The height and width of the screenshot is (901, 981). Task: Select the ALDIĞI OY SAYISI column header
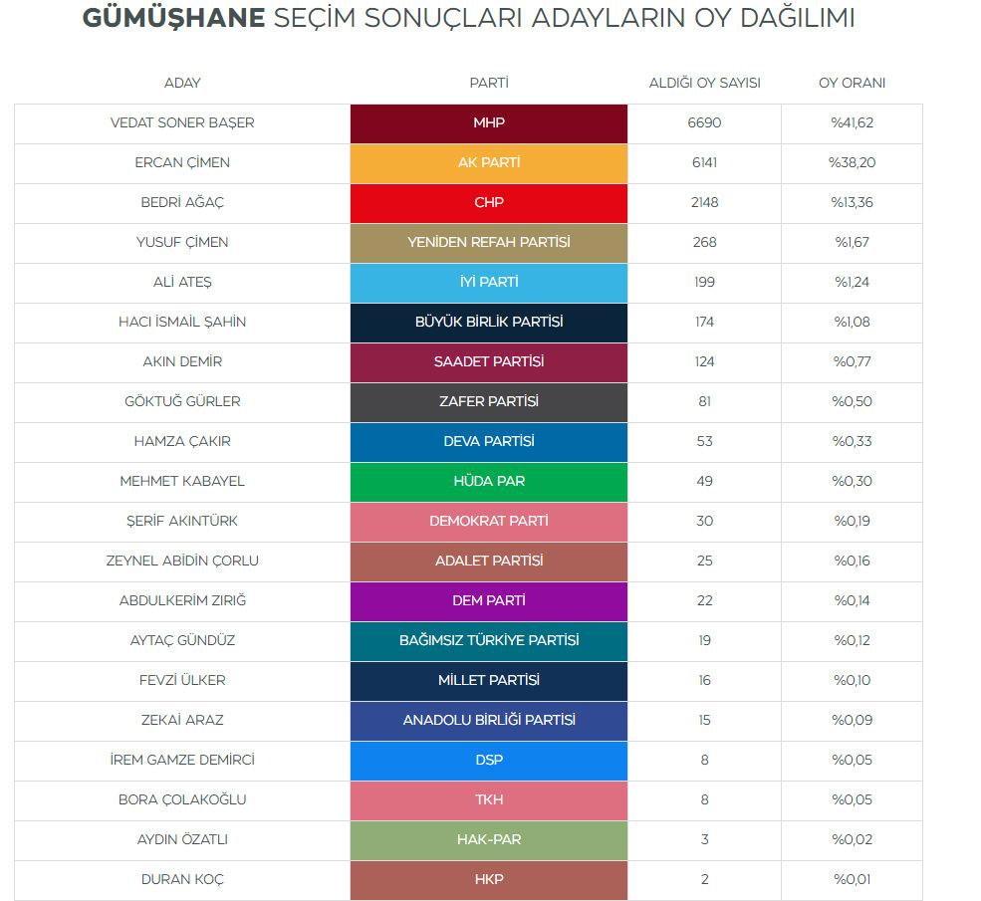coord(704,83)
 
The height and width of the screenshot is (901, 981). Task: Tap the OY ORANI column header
coord(852,83)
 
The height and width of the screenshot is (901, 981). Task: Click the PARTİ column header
coord(489,83)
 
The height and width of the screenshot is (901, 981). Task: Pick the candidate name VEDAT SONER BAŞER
coord(182,122)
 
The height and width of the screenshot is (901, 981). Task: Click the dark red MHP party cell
coord(489,122)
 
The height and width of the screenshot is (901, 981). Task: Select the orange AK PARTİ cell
coord(489,162)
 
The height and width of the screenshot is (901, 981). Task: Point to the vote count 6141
coord(704,162)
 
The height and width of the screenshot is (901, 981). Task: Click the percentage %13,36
coord(852,202)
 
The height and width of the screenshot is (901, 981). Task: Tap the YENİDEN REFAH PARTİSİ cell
coord(489,242)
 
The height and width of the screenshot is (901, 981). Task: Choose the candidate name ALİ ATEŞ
coord(182,282)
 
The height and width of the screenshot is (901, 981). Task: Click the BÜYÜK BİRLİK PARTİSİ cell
coord(489,322)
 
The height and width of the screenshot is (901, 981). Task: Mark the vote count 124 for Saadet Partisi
coord(704,361)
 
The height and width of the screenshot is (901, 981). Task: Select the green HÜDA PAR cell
coord(489,481)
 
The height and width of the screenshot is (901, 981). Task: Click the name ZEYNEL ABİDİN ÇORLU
coord(182,561)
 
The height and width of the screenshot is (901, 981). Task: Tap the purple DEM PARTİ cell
coord(489,600)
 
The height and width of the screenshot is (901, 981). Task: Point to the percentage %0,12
coord(852,640)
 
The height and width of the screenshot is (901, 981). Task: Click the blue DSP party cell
coord(489,760)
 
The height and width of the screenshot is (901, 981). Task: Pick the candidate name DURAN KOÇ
coord(182,879)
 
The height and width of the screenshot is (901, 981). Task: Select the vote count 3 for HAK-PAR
coord(704,839)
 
